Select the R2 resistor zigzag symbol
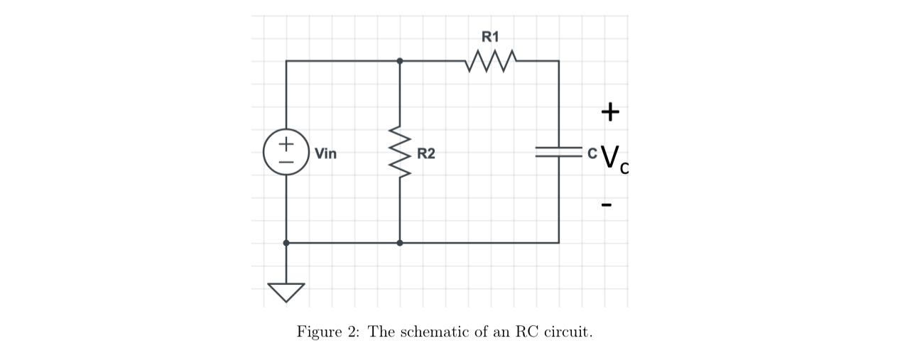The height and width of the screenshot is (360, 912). (x=400, y=153)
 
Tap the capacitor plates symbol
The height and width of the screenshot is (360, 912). (x=558, y=152)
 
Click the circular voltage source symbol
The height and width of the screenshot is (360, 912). (x=286, y=152)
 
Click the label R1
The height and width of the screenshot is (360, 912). (x=491, y=36)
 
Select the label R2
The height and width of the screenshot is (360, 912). (x=426, y=153)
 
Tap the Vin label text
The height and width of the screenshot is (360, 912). (x=325, y=153)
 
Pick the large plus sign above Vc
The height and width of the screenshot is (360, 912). (x=609, y=111)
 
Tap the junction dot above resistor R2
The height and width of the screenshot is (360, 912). (x=400, y=61)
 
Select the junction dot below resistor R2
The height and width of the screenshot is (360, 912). (x=400, y=243)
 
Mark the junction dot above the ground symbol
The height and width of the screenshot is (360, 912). (x=286, y=243)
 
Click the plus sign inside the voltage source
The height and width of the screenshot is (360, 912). (x=286, y=143)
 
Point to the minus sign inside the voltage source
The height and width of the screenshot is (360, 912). (x=286, y=161)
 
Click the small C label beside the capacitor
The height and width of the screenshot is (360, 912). (x=592, y=153)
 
